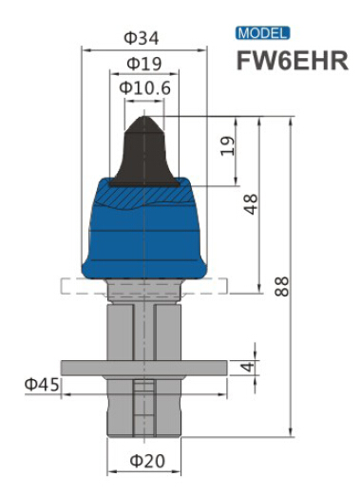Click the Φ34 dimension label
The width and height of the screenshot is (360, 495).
pos(142,38)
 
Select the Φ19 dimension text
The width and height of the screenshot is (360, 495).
pos(143,64)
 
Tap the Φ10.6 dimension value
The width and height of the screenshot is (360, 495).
pos(144,88)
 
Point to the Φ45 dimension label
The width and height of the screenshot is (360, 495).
pos(43,385)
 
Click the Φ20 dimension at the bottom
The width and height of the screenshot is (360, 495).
pos(147,461)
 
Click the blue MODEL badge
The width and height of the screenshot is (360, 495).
pos(263,33)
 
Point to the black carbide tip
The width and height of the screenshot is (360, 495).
pos(143,152)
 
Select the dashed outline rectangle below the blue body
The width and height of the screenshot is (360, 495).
pos(76,285)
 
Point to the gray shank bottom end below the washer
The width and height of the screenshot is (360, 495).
pos(144,418)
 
